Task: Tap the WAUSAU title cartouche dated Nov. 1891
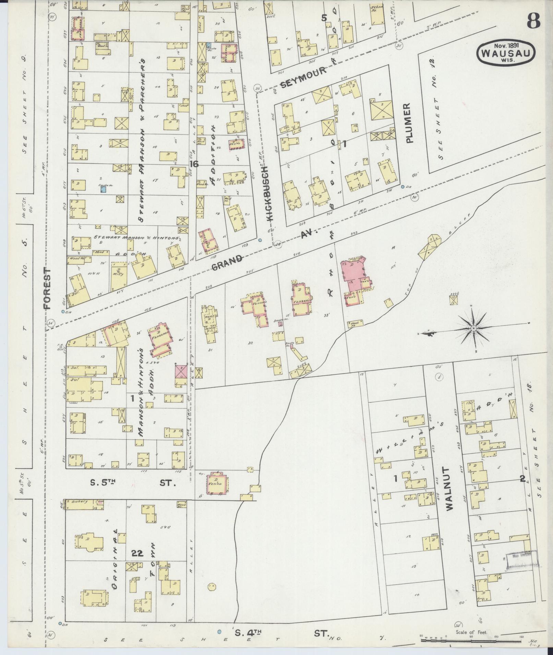[x=505, y=53]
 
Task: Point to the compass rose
[x=473, y=328]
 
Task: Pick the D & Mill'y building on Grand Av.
[x=118, y=275]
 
